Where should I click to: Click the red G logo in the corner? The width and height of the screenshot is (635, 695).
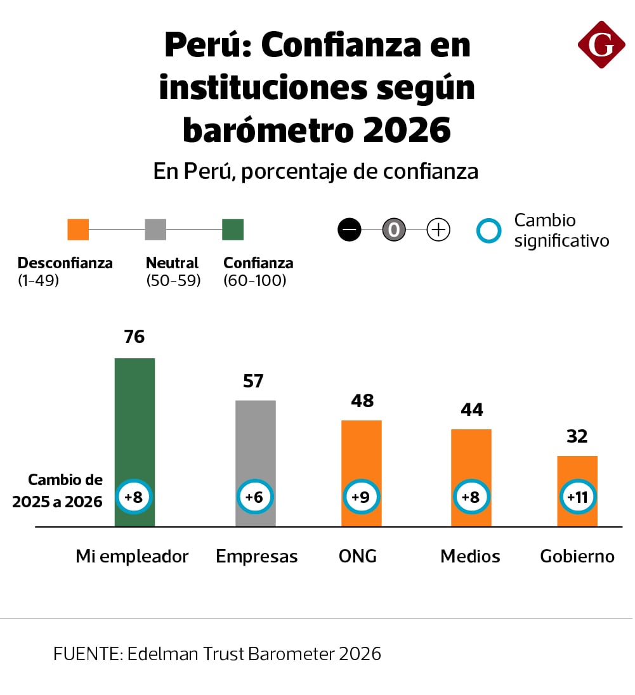click(x=601, y=44)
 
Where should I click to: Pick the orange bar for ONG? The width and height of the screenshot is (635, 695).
click(x=362, y=450)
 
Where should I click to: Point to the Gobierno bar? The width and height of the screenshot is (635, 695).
click(x=577, y=469)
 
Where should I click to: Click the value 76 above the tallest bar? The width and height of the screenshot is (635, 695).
click(x=134, y=337)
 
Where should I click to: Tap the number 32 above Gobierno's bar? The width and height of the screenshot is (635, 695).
click(x=577, y=436)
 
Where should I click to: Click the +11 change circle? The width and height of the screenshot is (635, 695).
click(x=577, y=497)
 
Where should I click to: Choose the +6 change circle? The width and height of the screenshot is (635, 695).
click(x=255, y=497)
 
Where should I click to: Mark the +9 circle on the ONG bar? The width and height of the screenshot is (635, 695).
click(x=362, y=497)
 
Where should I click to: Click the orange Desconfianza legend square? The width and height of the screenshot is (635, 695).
click(x=78, y=230)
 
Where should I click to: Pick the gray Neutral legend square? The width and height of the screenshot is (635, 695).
click(x=155, y=230)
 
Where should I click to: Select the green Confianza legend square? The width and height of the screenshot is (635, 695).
click(x=233, y=230)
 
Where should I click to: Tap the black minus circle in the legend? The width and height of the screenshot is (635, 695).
click(x=350, y=230)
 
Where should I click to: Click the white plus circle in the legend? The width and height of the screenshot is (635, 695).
click(x=438, y=230)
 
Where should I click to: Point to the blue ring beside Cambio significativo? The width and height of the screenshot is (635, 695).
click(x=488, y=231)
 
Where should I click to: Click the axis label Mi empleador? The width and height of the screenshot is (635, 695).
click(x=132, y=556)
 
